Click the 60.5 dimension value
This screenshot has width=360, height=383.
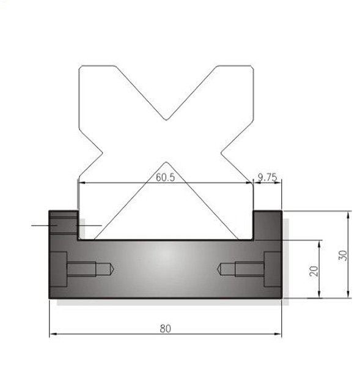[x=165, y=177]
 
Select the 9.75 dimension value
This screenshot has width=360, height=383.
[x=268, y=177]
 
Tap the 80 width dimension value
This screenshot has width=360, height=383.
[x=165, y=329]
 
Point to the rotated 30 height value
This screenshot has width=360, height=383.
[x=343, y=256]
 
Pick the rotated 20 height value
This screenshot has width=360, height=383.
[x=314, y=271]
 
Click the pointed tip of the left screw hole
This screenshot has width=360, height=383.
[x=114, y=269]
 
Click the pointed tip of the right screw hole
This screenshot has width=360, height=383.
[x=218, y=269]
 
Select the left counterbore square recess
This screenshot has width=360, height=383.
[x=59, y=269]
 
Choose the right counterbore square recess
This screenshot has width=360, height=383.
[x=273, y=269]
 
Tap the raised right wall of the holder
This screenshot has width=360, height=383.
[x=268, y=225]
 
